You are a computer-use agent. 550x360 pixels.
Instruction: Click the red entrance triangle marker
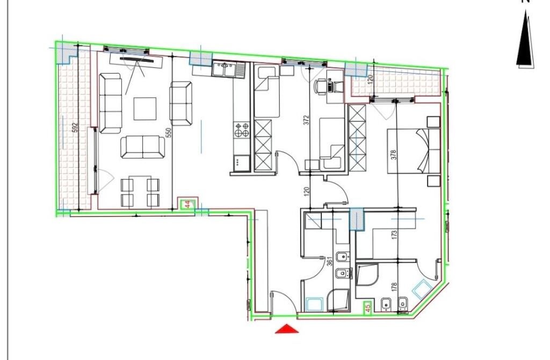point(286,328)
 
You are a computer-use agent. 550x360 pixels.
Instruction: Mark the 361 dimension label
point(330,261)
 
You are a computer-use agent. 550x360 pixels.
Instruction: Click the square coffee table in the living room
point(145,108)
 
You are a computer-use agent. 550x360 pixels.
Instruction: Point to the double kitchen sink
point(228,69)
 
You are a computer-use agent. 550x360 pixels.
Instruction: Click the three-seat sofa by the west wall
point(111,103)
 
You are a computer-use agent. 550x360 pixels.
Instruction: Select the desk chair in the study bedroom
point(322,86)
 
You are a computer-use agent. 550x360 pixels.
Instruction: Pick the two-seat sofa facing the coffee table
point(142,147)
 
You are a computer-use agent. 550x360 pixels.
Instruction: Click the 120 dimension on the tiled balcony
point(370,80)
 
